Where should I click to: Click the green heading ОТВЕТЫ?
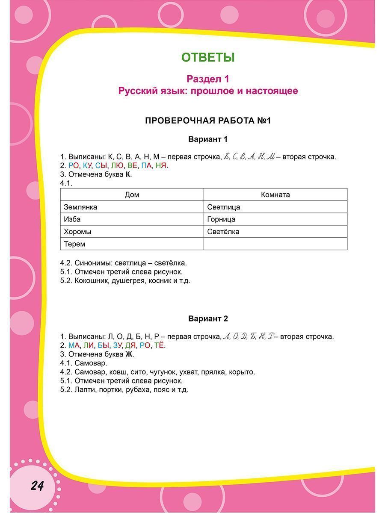(x=208, y=57)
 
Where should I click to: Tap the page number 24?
(x=37, y=486)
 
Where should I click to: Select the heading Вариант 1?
(x=208, y=139)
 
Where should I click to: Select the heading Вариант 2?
(x=208, y=319)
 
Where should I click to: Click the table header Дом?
(x=132, y=195)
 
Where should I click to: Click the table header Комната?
(x=275, y=195)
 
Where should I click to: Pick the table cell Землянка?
(x=80, y=207)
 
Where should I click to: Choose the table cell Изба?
(x=72, y=219)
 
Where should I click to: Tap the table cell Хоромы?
(x=77, y=232)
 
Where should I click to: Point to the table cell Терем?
(x=74, y=244)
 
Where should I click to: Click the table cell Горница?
(x=221, y=219)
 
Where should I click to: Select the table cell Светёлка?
(x=223, y=232)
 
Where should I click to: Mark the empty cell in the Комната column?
(x=275, y=244)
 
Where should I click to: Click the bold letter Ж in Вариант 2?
(x=129, y=354)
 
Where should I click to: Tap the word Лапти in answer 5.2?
(x=85, y=390)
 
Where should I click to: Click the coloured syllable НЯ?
(x=161, y=165)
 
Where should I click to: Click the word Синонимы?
(x=93, y=263)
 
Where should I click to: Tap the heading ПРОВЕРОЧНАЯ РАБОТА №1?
(x=208, y=121)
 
